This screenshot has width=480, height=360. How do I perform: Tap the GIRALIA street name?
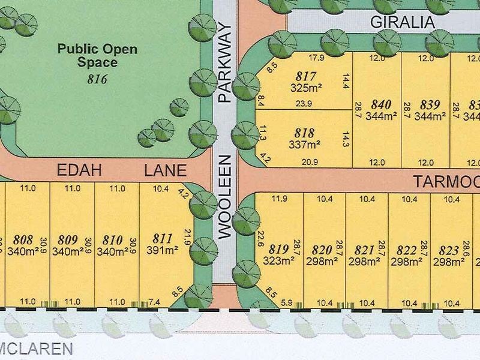point(401,23)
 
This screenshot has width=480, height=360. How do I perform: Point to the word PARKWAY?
point(225,63)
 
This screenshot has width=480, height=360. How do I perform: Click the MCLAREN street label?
point(36,348)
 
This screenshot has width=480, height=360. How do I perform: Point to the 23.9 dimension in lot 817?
point(304,103)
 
